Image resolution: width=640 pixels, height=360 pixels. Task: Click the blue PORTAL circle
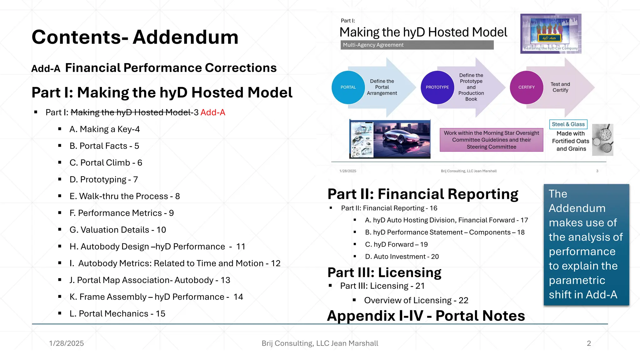point(348,87)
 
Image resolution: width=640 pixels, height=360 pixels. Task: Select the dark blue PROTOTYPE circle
point(437,87)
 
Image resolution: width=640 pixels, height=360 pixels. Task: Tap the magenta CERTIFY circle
point(527,87)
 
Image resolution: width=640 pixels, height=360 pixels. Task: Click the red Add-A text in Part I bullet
point(213,112)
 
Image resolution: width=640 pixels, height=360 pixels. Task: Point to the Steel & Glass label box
point(568,124)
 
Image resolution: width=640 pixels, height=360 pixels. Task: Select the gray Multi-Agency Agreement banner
point(417,45)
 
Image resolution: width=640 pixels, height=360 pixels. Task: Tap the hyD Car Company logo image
point(551,33)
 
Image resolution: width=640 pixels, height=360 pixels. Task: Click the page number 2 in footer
point(589,343)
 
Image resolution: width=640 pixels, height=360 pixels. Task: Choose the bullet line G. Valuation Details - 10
point(117,230)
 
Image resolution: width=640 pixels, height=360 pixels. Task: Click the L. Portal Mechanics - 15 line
point(117,313)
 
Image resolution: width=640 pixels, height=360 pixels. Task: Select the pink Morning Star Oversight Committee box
point(491,140)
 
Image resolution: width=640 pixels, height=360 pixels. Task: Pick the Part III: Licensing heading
point(384,272)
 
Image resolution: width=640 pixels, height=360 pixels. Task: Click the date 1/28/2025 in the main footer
point(67,343)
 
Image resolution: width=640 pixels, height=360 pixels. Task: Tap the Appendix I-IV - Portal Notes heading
point(426,316)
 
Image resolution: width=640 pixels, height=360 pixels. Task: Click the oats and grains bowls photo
point(603,140)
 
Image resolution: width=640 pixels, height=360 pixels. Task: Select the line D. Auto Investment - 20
point(402,257)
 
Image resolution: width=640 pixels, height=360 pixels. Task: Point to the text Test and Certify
point(560,87)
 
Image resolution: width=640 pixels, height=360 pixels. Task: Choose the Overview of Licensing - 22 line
point(416,300)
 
